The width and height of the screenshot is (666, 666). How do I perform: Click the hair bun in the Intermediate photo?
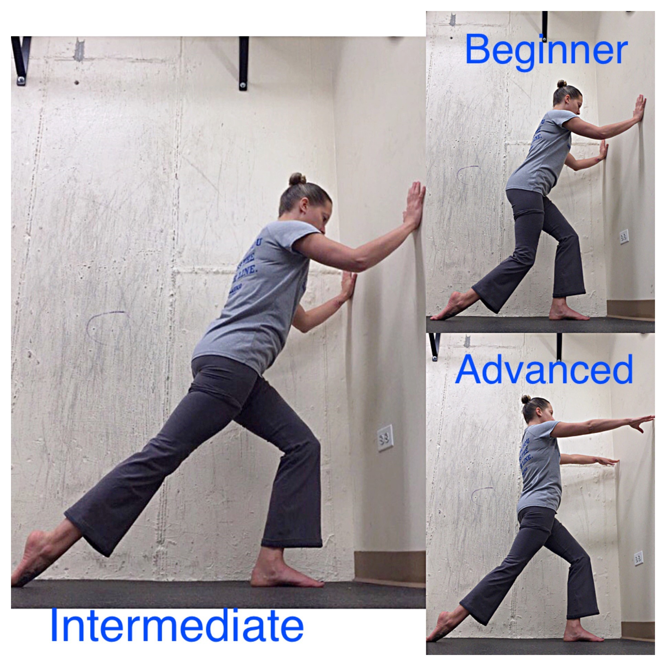297,179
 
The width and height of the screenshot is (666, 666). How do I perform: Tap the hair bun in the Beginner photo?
561,84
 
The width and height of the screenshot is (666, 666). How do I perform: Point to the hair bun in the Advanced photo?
526,399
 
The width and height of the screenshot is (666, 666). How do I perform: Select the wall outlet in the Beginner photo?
623,237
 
